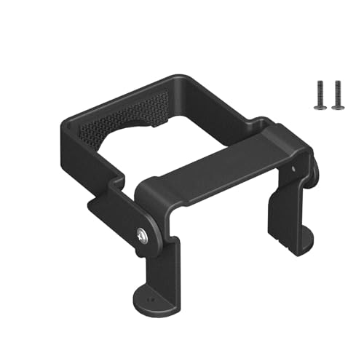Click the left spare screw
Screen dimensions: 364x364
click(x=318, y=95)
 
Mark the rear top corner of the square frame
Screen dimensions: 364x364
click(x=178, y=78)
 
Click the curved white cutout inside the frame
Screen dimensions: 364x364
click(x=157, y=153)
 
